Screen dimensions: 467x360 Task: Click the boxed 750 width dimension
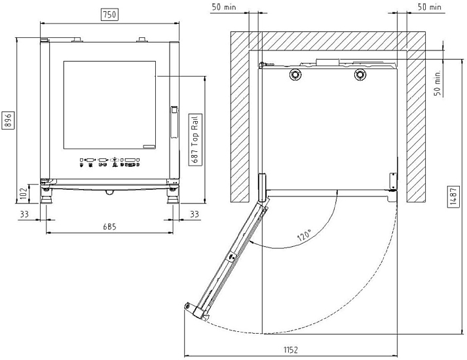click(110, 14)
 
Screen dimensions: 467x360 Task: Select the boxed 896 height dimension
click(8, 120)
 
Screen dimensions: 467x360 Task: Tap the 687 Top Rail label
click(195, 139)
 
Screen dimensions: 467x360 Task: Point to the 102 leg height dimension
click(24, 194)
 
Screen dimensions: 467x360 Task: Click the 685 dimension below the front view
click(110, 227)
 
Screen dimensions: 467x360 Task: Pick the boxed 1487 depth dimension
click(453, 196)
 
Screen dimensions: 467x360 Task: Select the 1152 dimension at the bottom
click(290, 350)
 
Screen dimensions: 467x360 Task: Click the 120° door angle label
click(305, 235)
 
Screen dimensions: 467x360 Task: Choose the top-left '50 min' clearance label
click(224, 7)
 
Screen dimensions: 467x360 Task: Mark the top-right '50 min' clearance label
click(429, 7)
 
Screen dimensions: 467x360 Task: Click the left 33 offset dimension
click(24, 214)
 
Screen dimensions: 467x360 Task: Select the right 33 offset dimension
click(195, 214)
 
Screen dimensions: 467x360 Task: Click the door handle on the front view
click(174, 122)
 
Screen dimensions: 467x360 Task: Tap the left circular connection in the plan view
click(295, 75)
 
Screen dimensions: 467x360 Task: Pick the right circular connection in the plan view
click(360, 75)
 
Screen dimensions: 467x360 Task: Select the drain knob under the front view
click(109, 192)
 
